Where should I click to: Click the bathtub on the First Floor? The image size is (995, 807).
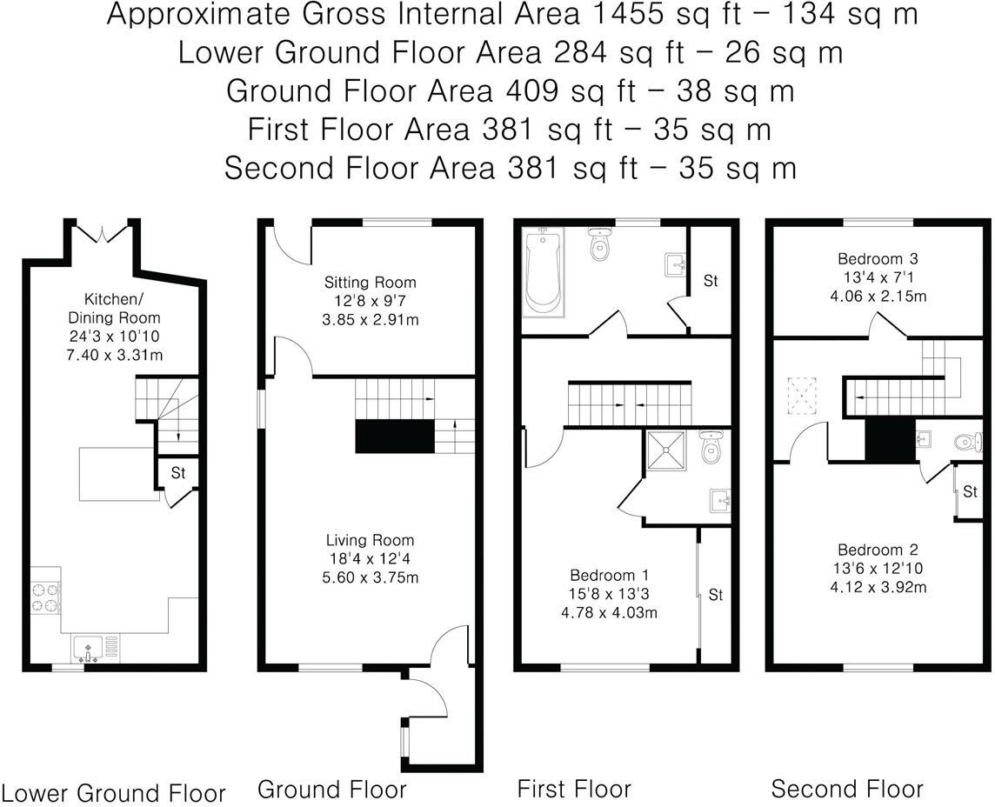pos(543,271)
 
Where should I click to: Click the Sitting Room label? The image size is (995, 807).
pos(370,283)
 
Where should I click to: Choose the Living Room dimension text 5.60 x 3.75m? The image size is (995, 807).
pos(370,577)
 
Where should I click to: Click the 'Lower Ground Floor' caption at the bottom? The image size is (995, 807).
pos(114,793)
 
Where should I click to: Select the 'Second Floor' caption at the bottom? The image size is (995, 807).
pos(847,789)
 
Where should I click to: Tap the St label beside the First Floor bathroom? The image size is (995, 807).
pos(711,281)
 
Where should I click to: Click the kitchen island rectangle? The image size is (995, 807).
pos(119,474)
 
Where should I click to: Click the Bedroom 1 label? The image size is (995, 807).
pos(609,576)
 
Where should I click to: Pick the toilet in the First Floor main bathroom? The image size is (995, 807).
pos(599,246)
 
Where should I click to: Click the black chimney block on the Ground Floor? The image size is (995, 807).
pos(394,436)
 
